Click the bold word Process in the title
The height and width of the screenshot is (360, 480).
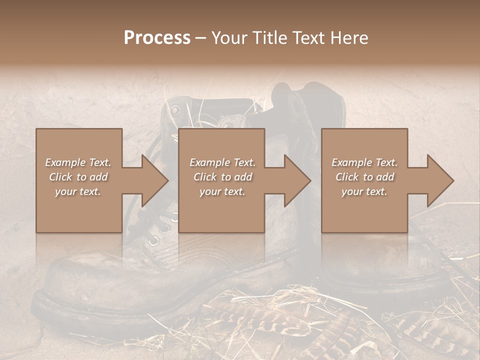click(157, 38)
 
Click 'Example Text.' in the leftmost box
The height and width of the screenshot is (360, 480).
click(78, 162)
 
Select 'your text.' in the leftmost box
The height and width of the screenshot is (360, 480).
click(78, 191)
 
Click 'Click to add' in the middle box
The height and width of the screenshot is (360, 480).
click(222, 177)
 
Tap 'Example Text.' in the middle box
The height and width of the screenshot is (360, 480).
click(222, 162)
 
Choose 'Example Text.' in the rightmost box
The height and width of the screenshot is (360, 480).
click(364, 162)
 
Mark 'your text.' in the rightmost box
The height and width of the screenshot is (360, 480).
click(364, 191)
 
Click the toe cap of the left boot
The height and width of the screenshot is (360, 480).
click(80, 280)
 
